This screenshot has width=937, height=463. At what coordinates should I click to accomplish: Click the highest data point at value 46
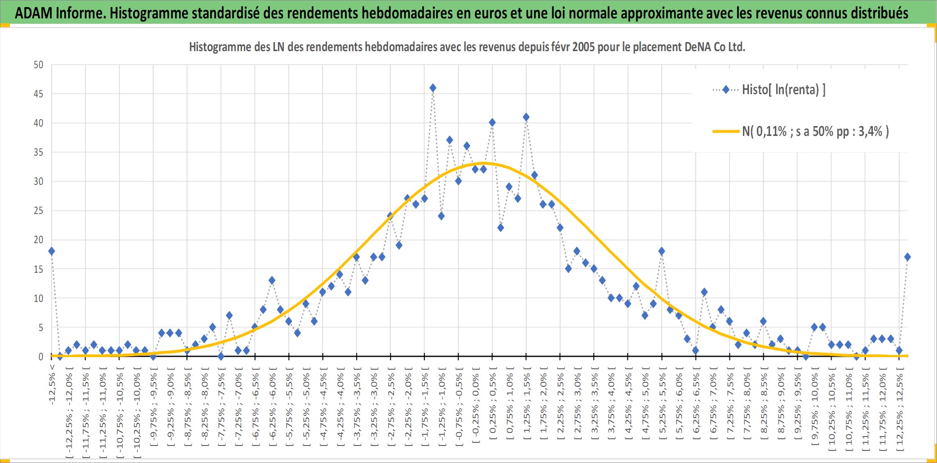coord(433,88)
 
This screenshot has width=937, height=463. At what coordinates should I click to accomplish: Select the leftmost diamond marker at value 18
coord(52,251)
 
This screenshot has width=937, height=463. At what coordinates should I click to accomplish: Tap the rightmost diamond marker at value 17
coord(907,257)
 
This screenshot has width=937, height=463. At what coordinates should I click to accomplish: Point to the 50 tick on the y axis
coord(39,65)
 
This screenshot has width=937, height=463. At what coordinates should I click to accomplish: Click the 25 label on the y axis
coord(39,210)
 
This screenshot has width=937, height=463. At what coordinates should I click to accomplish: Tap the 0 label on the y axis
coord(41,357)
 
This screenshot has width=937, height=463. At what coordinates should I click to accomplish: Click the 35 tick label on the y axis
coord(39,152)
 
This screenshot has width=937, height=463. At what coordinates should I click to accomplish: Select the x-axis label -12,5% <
coord(52,384)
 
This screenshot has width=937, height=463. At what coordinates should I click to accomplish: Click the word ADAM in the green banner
coord(34,13)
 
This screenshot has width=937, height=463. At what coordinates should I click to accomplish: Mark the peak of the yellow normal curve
coord(484,163)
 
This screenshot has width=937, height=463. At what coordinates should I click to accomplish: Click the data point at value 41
coord(526,117)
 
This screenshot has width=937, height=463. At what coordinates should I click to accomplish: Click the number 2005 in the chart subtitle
coord(583,47)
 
